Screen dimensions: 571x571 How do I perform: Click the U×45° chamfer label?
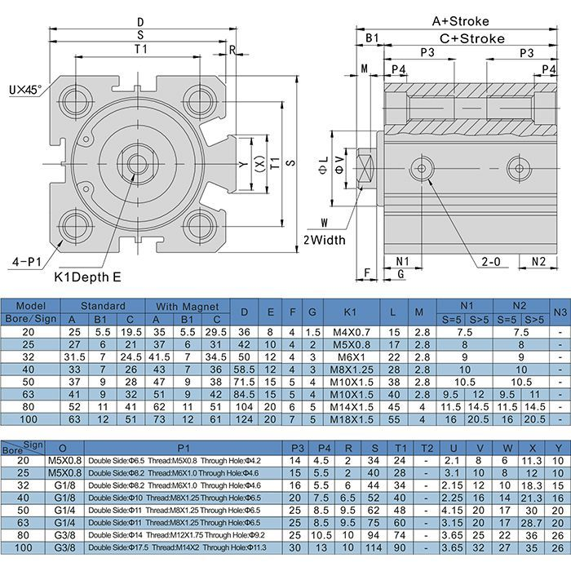27,85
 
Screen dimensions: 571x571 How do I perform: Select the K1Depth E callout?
87,277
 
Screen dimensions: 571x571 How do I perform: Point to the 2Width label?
325,240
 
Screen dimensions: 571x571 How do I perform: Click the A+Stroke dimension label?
462,21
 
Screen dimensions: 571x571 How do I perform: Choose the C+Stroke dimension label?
472,38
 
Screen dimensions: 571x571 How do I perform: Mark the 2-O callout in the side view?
491,262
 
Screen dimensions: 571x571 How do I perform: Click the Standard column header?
103,306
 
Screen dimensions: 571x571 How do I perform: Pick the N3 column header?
559,312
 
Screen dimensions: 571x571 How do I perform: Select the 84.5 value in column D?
244,394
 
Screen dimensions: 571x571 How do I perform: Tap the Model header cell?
30,306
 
